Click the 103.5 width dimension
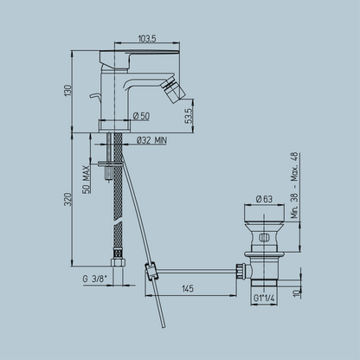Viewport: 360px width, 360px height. click(x=147, y=38)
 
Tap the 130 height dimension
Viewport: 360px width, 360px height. click(x=67, y=91)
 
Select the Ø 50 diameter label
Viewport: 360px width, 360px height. click(x=141, y=116)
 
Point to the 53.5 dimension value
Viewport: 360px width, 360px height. click(x=189, y=116)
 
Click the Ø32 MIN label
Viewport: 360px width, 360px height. click(x=151, y=140)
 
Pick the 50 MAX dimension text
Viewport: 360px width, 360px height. click(x=87, y=179)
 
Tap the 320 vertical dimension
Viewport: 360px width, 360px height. click(x=67, y=199)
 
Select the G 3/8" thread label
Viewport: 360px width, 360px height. click(x=95, y=279)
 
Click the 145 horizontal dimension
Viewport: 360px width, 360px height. click(x=188, y=288)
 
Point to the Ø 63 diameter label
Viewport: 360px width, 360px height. click(x=264, y=199)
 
